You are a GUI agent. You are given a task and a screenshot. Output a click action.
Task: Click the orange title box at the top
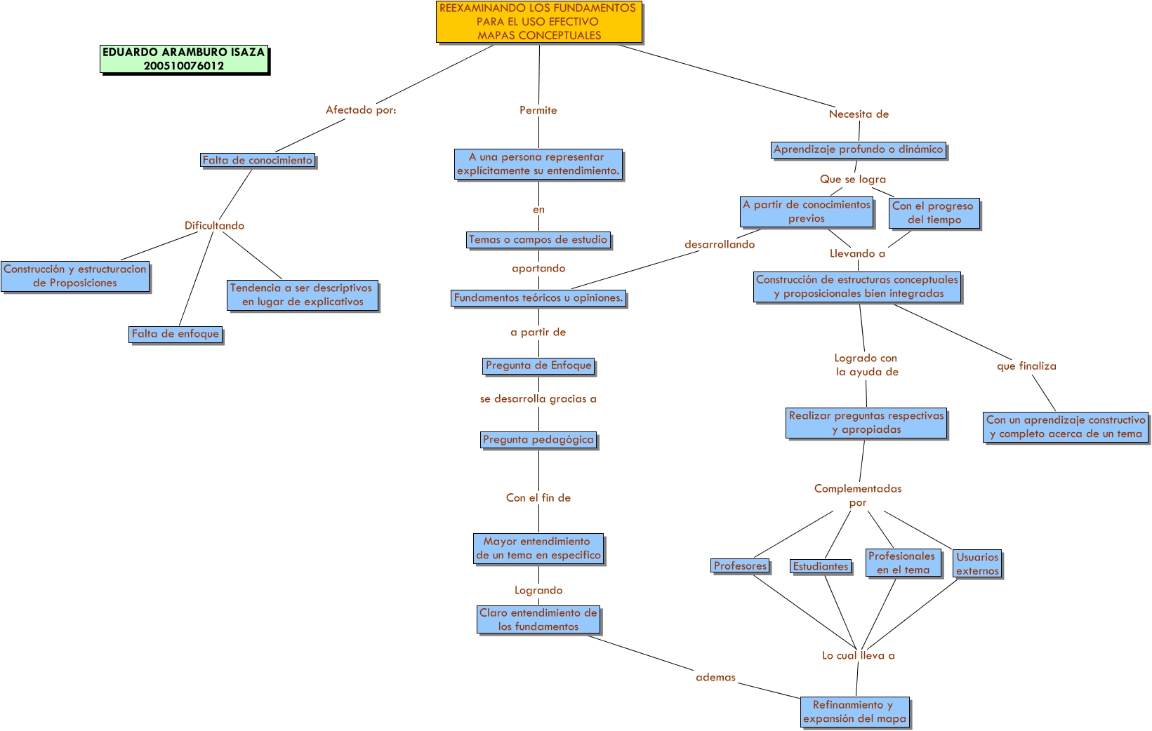[538, 22]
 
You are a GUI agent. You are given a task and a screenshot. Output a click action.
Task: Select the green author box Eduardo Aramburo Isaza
[184, 59]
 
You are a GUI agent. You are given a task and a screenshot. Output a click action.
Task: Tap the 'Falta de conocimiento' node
[258, 161]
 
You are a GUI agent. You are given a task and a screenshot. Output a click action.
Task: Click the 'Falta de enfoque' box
[176, 334]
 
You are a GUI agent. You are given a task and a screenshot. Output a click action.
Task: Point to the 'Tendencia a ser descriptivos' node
[302, 295]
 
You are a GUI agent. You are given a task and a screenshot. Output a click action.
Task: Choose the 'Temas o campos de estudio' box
[538, 240]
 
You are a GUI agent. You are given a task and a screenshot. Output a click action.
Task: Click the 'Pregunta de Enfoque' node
[538, 365]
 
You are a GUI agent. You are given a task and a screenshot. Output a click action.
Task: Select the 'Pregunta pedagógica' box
[538, 440]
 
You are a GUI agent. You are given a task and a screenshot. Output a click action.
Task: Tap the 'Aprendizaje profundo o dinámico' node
[858, 149]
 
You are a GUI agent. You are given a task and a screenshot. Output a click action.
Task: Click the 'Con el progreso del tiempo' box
[933, 213]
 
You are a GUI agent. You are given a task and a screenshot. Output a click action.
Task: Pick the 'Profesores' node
[741, 566]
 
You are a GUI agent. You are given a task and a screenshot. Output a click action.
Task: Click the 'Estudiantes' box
[821, 567]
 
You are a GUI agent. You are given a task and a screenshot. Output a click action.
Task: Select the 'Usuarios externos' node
[977, 564]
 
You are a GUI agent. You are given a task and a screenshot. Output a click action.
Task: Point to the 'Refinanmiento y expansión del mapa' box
[855, 712]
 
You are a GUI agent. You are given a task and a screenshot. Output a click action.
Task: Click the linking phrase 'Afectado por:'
[361, 110]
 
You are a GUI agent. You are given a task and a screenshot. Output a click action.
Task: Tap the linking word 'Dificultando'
[214, 226]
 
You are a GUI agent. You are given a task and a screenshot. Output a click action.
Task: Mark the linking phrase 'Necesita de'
[859, 114]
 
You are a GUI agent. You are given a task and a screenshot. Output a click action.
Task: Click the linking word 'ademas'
[715, 678]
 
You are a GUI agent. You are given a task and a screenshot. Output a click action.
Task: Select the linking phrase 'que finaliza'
[1026, 366]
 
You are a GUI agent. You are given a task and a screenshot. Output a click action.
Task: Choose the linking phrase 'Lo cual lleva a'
[858, 656]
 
